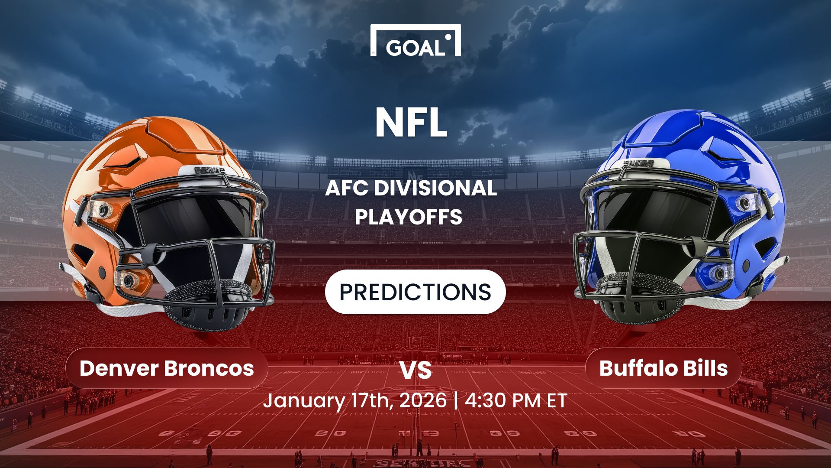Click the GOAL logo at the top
(x=415, y=41)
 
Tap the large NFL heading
(x=411, y=123)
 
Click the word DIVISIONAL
(x=435, y=188)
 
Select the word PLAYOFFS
(x=409, y=217)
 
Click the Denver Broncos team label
(x=167, y=368)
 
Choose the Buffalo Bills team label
(x=664, y=368)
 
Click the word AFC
(x=346, y=188)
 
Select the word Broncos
(x=209, y=368)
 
